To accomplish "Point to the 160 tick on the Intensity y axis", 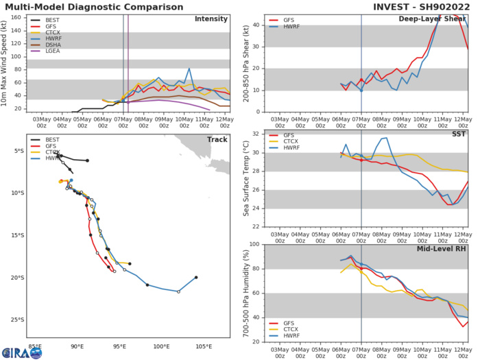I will point(23,16).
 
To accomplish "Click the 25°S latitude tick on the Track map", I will point(21,320).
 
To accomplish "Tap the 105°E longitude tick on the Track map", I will point(204,346).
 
